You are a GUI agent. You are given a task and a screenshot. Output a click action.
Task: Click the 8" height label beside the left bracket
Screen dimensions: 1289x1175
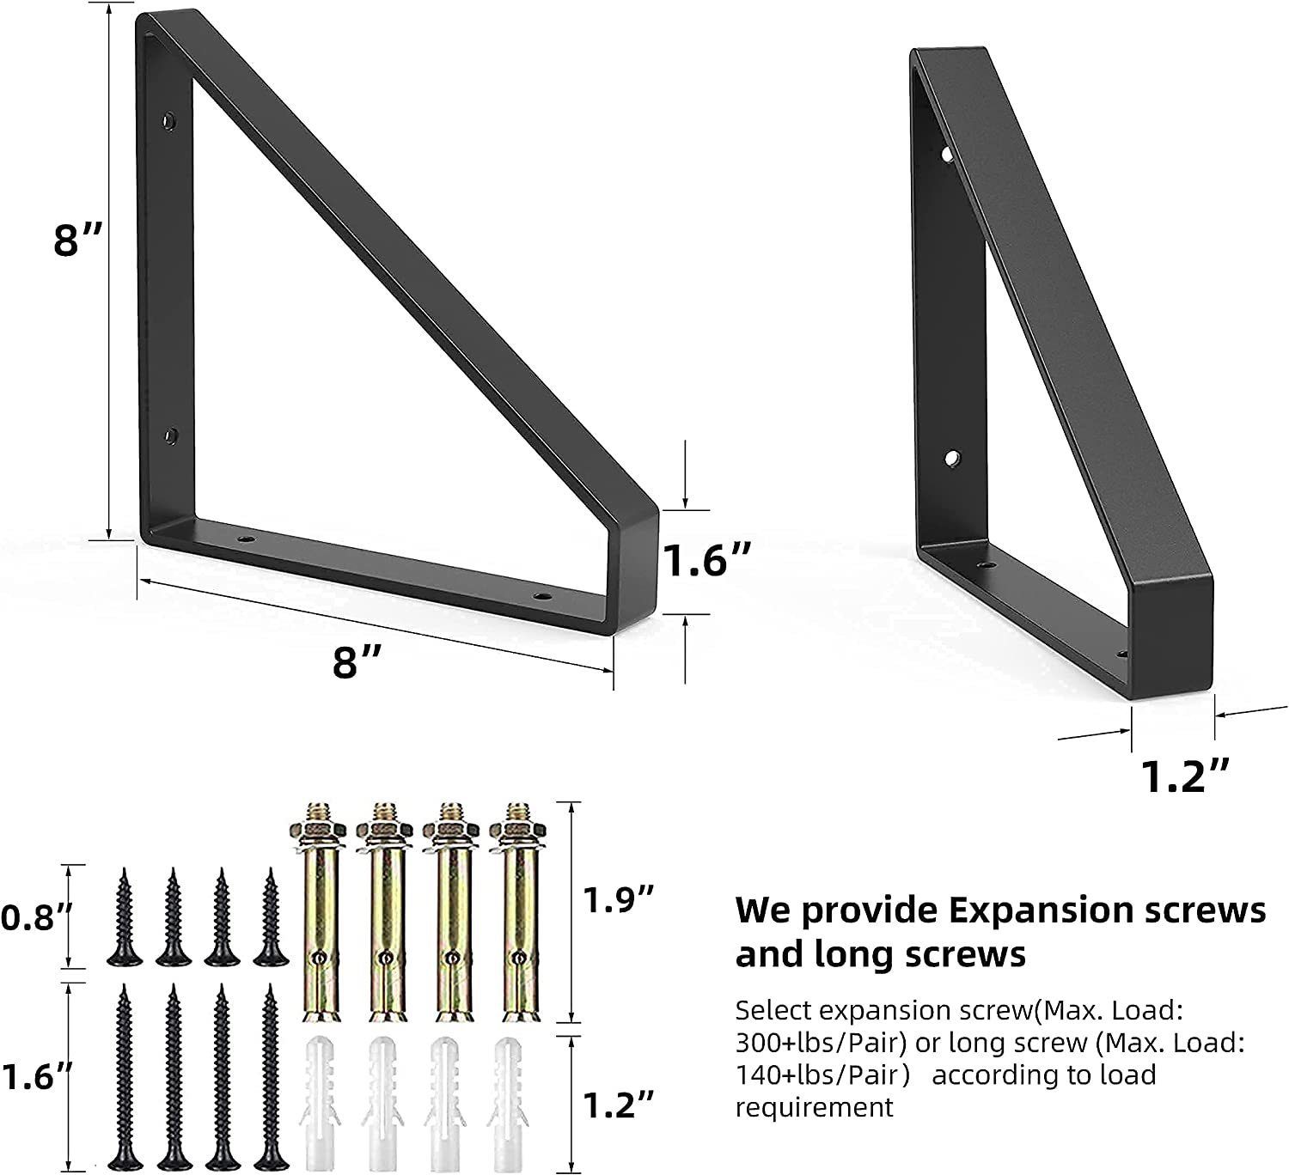coord(77,241)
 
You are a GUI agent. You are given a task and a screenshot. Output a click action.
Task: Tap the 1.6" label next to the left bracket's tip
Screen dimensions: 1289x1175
coord(706,559)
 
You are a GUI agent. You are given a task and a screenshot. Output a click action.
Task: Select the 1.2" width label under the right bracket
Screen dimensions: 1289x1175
coord(1185,776)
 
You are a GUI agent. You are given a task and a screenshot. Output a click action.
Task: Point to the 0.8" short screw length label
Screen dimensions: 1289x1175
coord(36,917)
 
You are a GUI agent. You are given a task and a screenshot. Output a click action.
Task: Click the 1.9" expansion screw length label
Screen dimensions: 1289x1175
coord(618,899)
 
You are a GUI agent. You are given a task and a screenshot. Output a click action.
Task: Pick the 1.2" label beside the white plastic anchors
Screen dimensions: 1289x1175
coord(618,1105)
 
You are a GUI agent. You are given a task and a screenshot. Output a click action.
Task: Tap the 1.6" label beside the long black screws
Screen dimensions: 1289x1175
coord(36,1076)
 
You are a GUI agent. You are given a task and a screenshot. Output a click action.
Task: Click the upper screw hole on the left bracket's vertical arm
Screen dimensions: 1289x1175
coord(168,120)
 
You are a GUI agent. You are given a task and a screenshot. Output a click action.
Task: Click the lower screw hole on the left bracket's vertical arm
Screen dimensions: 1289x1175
coord(170,435)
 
